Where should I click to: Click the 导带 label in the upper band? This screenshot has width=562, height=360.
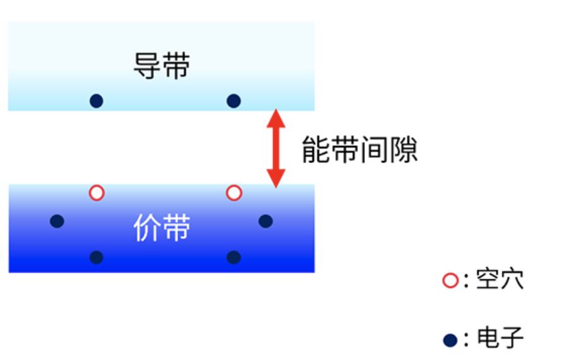[162, 66]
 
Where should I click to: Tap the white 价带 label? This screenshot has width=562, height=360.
[162, 228]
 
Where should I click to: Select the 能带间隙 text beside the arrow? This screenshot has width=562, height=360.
[359, 150]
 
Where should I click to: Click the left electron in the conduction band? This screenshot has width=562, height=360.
[97, 101]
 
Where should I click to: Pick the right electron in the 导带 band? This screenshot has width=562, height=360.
[234, 101]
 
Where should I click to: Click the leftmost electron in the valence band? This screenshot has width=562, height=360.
[57, 221]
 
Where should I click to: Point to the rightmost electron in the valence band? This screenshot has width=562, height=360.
[266, 221]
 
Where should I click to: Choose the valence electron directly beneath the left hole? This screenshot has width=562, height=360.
[97, 258]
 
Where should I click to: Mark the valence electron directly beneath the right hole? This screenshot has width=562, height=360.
[234, 258]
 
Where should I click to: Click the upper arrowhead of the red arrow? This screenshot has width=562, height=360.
[276, 118]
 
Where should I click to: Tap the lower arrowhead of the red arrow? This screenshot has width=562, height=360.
[276, 178]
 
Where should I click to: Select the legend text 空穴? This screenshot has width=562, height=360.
[499, 279]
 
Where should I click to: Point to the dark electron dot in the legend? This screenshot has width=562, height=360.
[450, 340]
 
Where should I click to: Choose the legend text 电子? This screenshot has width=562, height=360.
[499, 337]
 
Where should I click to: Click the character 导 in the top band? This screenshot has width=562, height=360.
[147, 66]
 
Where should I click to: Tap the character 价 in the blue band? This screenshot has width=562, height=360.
[147, 228]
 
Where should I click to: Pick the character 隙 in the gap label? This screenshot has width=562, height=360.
[404, 150]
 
